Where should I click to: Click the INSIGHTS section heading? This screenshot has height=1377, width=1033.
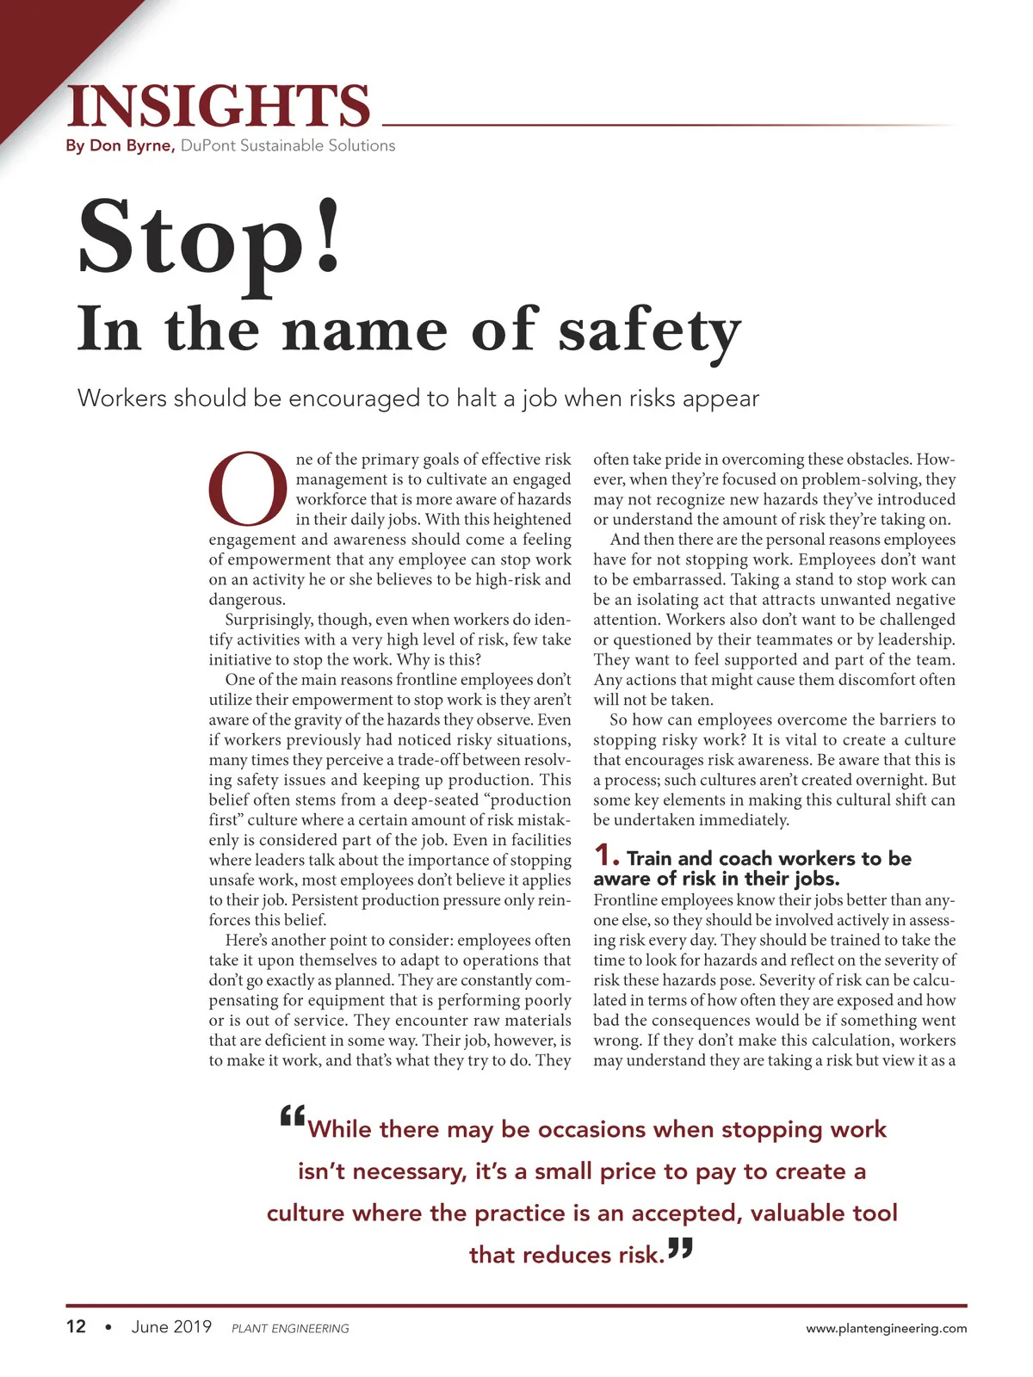tap(219, 106)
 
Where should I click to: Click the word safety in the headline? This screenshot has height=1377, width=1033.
tap(650, 331)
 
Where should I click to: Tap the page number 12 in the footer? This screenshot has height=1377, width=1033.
tap(76, 1327)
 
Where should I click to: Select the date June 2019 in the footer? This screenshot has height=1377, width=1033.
tap(171, 1327)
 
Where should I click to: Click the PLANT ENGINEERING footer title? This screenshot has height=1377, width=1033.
tap(290, 1329)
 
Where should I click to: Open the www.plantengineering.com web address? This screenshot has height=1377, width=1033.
tap(886, 1329)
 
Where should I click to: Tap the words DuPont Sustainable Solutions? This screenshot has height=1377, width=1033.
tap(288, 146)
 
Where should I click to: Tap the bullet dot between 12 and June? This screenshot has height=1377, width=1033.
tap(108, 1328)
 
